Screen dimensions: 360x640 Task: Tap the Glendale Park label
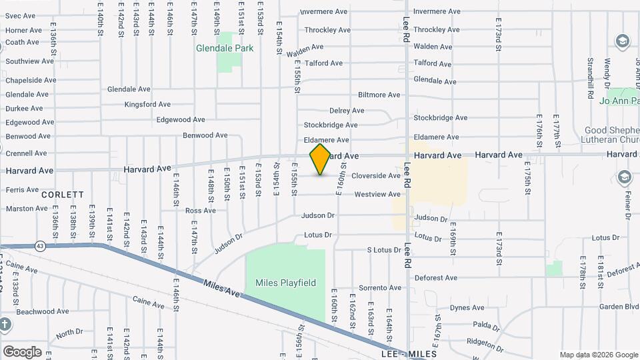coord(215,48)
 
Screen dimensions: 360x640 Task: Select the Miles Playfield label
coord(285,283)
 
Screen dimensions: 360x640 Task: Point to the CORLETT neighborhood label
coord(63,195)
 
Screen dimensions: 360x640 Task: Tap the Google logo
coord(22,352)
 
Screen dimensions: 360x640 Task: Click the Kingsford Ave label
coord(148,105)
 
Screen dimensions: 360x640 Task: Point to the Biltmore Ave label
coord(379,95)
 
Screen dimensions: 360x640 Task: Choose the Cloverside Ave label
coord(376,176)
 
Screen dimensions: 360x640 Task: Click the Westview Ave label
coord(377,195)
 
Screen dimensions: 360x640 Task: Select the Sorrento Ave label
coord(380,288)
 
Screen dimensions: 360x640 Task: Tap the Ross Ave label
coord(201,211)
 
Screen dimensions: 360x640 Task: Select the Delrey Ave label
coord(347,111)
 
